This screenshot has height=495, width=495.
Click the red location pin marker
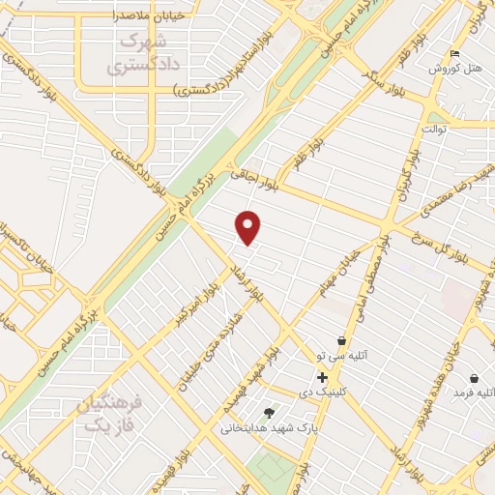[249, 227]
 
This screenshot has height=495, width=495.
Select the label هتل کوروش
[461, 68]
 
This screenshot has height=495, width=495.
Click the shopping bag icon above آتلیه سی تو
[341, 340]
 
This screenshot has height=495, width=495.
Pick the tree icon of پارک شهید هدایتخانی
[269, 413]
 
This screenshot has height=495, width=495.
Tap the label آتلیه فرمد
[475, 393]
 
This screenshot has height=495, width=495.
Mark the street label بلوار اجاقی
[252, 175]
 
